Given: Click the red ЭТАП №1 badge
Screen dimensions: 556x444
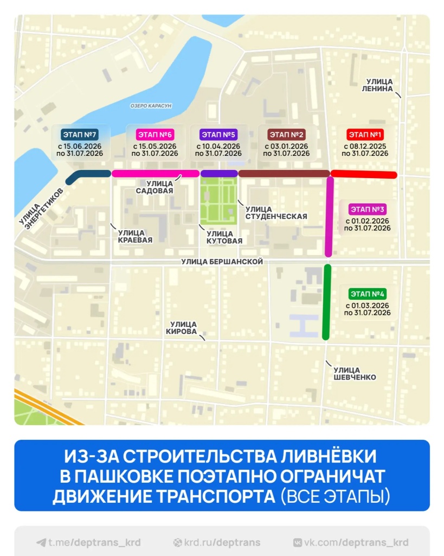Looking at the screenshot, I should tap(365, 134).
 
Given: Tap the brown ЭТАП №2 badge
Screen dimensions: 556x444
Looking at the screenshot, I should tap(286, 134).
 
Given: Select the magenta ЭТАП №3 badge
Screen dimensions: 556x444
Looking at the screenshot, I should tap(368, 209).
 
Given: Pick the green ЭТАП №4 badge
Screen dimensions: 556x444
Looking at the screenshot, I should tap(368, 294).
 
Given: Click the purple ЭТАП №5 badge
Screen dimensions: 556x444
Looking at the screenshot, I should tap(218, 134).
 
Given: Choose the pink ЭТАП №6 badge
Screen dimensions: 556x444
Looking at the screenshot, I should tap(155, 134).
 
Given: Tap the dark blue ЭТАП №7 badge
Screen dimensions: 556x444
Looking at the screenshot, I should tap(80, 134).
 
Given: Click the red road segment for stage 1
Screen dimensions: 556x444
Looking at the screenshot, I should tap(364, 174).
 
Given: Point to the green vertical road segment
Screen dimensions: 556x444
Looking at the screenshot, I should tap(326, 301).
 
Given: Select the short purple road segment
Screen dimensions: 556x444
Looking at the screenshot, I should tap(219, 173).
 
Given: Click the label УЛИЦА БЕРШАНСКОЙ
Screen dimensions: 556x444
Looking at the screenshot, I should tap(222, 262).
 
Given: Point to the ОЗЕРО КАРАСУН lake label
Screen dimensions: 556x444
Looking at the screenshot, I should tap(151, 105).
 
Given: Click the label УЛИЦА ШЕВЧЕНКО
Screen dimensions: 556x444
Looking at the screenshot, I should tap(355, 374).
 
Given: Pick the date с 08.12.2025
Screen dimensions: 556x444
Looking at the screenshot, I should tap(365, 146).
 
